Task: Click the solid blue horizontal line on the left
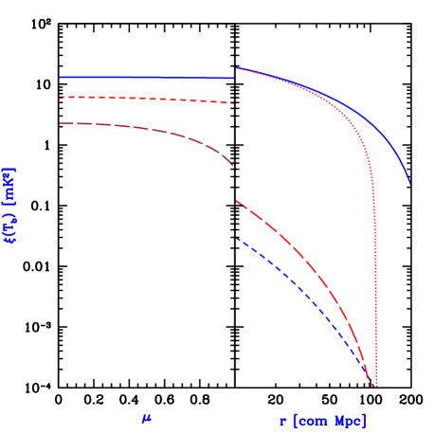(142, 77)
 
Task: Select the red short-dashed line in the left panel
(142, 99)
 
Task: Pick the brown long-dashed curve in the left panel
(142, 127)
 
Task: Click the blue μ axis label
(147, 418)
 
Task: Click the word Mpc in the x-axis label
(348, 421)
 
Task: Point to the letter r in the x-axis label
(283, 421)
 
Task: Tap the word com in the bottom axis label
(311, 421)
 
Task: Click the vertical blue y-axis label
(9, 207)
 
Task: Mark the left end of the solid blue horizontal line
(61, 77)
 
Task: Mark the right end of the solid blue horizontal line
(233, 78)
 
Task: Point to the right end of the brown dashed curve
(233, 166)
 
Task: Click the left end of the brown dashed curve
(61, 123)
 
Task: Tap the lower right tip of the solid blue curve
(409, 182)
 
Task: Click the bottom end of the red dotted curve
(376, 385)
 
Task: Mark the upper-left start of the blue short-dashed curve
(237, 239)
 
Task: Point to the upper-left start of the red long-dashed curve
(237, 201)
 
